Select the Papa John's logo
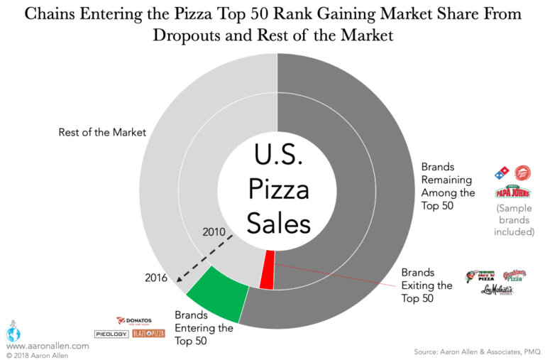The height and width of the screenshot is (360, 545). tap(513, 192)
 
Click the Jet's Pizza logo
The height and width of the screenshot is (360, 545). tap(480, 279)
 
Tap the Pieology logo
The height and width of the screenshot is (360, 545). tap(111, 334)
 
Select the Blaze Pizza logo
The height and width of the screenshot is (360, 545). tap(149, 333)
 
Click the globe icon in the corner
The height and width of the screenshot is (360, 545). tap(12, 333)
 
